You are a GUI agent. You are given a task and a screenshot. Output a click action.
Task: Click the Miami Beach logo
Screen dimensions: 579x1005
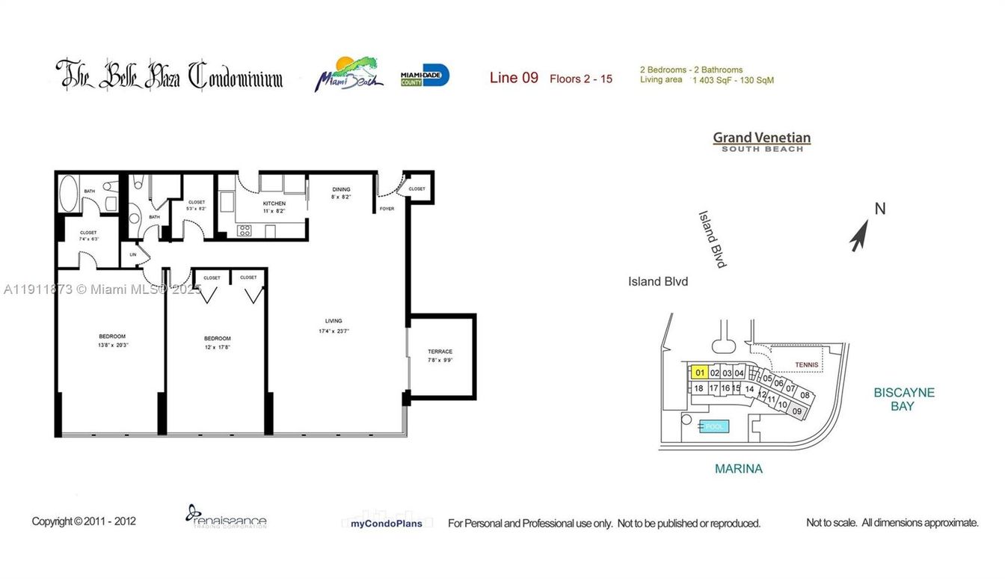click(348, 75)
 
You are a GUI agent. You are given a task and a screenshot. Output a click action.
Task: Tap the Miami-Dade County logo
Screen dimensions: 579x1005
click(425, 76)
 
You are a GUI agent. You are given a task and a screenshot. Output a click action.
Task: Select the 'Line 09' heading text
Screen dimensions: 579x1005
click(514, 78)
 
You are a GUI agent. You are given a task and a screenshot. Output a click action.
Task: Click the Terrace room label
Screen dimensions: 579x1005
click(440, 352)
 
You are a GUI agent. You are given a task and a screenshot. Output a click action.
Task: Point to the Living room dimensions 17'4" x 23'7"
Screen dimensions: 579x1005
click(334, 331)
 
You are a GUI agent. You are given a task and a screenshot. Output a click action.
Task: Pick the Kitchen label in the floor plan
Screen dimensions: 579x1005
click(274, 203)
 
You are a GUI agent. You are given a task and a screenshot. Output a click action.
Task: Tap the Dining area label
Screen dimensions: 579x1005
click(341, 190)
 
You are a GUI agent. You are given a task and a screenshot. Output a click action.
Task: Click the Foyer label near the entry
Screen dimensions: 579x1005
click(387, 209)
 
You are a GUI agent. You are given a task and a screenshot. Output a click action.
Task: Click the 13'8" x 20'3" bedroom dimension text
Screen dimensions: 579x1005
click(112, 346)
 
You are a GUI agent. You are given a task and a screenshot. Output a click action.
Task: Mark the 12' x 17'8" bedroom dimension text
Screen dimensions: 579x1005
click(217, 347)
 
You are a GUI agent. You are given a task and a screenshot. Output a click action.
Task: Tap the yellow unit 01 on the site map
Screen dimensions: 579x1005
click(699, 373)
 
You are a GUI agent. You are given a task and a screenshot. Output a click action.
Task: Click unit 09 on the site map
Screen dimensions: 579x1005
click(796, 411)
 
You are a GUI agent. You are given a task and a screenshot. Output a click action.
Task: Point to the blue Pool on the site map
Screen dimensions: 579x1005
click(714, 426)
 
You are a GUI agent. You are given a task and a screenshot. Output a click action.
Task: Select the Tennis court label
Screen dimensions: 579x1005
click(806, 365)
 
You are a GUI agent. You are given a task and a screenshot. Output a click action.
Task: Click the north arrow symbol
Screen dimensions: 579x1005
click(859, 237)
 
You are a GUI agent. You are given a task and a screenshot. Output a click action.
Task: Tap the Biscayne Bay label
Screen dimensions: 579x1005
click(903, 399)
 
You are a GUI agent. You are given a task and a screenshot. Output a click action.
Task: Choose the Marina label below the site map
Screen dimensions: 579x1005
click(738, 469)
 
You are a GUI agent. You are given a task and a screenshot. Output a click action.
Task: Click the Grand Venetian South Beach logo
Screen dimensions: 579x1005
click(761, 141)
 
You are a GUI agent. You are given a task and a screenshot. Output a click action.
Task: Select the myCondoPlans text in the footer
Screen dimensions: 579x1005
click(386, 524)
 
